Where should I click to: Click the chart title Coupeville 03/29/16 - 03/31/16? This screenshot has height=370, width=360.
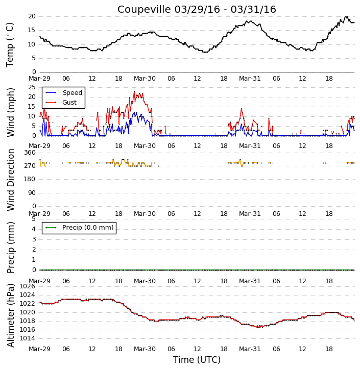(197, 9)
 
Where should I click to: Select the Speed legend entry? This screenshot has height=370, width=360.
(64, 93)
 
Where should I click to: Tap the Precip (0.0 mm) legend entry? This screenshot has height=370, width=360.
(80, 228)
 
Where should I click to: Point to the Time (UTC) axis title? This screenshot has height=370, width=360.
(197, 360)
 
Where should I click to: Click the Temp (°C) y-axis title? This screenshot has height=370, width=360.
(10, 45)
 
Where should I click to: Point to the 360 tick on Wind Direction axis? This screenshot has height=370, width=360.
(30, 153)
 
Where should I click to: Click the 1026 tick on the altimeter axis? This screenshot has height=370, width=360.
(27, 286)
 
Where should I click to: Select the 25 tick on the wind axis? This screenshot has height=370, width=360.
(32, 87)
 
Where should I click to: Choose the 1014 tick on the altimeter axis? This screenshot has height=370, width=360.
(27, 338)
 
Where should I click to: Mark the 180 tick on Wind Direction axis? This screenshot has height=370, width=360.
(30, 179)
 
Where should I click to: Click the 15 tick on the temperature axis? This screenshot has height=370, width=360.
(32, 30)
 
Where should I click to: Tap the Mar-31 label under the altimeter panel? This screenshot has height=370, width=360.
(250, 349)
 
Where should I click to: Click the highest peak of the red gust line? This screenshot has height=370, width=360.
(134, 91)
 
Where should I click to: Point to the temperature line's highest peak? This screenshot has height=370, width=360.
(346, 16)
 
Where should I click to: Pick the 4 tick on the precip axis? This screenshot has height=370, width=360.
(34, 229)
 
